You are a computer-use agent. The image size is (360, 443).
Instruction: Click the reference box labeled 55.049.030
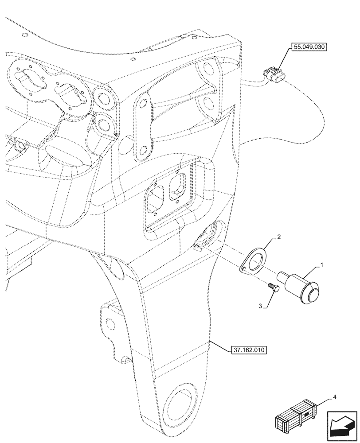[308, 47]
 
